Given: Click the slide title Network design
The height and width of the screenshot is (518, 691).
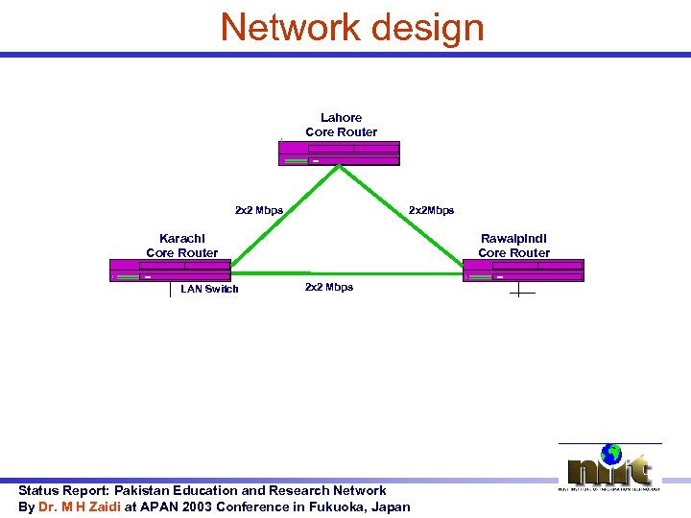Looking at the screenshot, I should tap(352, 27).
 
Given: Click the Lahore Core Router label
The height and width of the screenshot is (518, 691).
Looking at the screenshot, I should tap(341, 125).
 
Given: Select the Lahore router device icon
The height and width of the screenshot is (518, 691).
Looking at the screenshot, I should tap(339, 153).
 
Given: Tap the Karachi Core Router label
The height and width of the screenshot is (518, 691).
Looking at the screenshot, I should tap(181, 246).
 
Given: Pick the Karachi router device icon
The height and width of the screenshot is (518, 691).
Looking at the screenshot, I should tap(170, 271).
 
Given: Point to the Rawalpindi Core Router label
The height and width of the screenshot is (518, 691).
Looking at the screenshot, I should tap(513, 246).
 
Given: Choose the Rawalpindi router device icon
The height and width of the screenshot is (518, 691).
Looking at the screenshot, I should tap(523, 271).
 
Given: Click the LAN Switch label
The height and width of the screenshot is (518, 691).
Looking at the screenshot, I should tap(209, 289).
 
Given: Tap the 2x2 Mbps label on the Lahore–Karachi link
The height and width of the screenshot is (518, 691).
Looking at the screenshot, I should tap(259, 210).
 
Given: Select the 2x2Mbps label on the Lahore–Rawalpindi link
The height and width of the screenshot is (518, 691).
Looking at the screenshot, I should tap(431, 210).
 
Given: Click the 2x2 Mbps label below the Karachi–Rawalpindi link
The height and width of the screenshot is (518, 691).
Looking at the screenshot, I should tap(328, 287).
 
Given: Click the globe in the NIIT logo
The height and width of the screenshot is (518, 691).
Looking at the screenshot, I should tap(610, 454).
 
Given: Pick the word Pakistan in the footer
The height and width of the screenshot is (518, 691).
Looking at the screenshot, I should tap(146, 490).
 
